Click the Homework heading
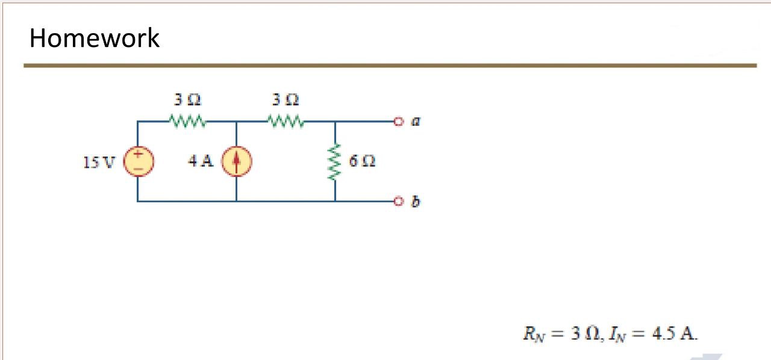coord(95,38)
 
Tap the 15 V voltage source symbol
coord(138,161)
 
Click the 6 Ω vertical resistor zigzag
coord(335,161)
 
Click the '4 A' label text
coord(200,161)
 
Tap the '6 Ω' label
coord(363,161)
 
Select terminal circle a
coord(397,122)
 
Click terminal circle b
coord(397,201)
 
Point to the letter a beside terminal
coord(416,122)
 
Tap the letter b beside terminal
coord(416,201)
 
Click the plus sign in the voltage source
coord(138,154)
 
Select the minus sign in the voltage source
coord(138,169)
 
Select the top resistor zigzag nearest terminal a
coord(287,122)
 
